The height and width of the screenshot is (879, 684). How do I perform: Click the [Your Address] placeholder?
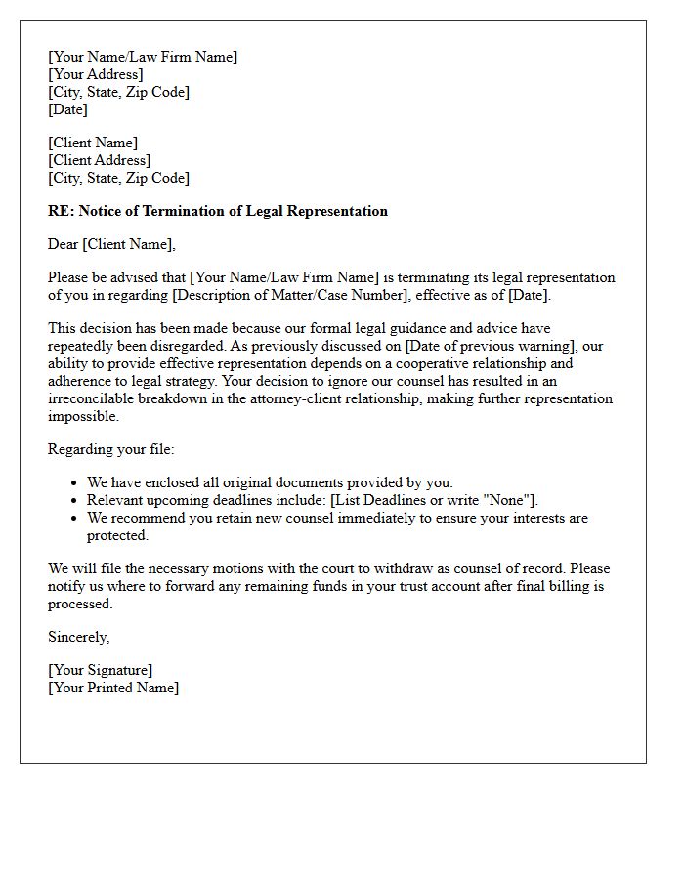[96, 74]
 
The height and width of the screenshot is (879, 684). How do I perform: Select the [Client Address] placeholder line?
[100, 160]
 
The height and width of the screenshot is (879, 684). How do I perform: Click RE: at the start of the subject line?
[62, 211]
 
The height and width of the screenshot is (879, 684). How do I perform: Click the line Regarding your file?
[110, 449]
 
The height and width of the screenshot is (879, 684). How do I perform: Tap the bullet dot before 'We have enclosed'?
[75, 483]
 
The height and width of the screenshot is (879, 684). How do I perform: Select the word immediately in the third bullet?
[365, 518]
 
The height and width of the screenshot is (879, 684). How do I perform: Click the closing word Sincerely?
[78, 637]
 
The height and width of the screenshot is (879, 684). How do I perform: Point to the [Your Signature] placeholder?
[101, 670]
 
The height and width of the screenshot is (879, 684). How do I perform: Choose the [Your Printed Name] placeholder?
[113, 688]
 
